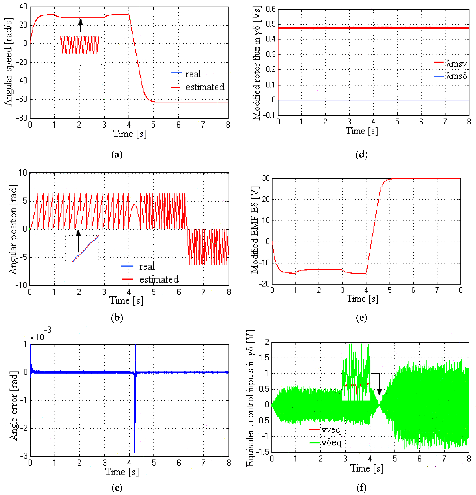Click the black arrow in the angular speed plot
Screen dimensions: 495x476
tap(80, 25)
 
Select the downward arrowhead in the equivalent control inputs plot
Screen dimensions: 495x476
tap(379, 392)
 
